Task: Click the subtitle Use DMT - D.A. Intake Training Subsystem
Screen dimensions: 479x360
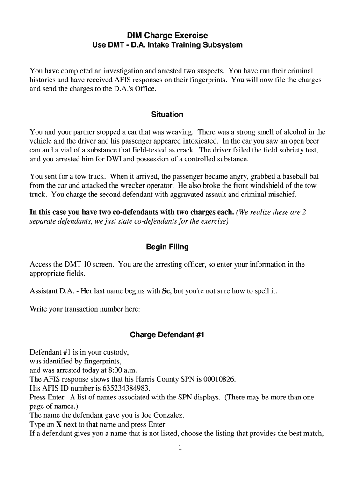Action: [x=167, y=45]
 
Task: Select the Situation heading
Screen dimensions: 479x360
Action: [x=167, y=115]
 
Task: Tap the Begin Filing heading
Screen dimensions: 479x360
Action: [x=167, y=247]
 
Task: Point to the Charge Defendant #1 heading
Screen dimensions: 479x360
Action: [x=167, y=335]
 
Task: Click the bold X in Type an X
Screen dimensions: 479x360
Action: [x=59, y=424]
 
